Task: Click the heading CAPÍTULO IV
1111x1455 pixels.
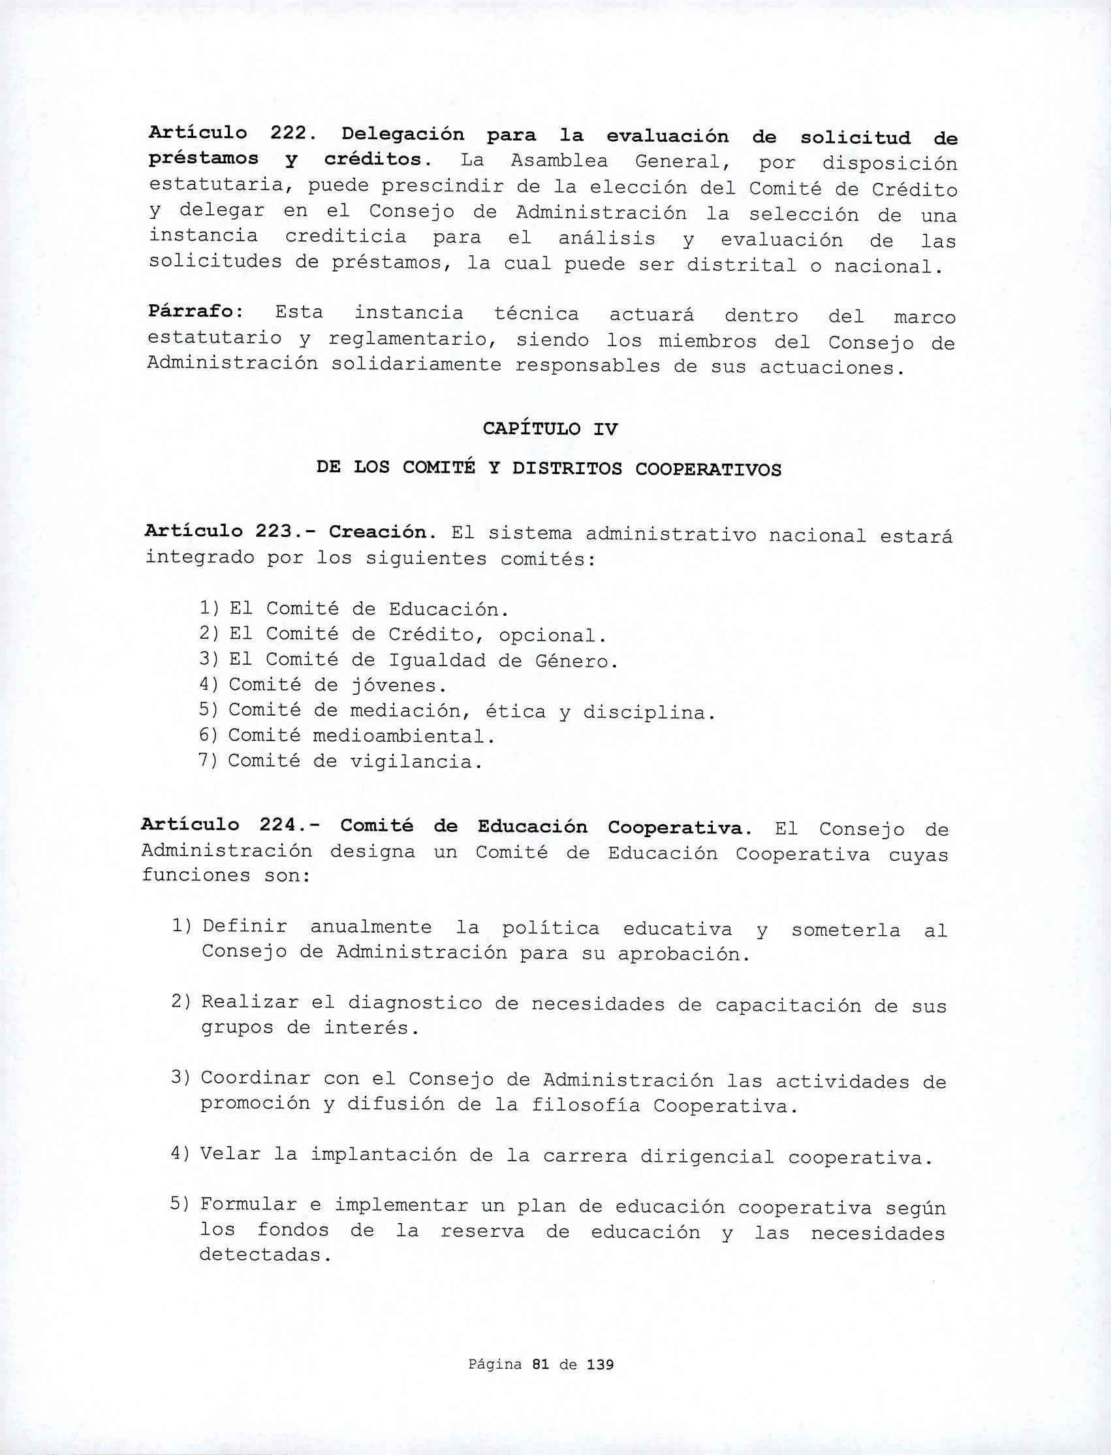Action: click(x=550, y=429)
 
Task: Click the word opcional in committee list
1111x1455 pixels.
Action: click(x=552, y=635)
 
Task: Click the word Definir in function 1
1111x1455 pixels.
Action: click(x=245, y=927)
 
